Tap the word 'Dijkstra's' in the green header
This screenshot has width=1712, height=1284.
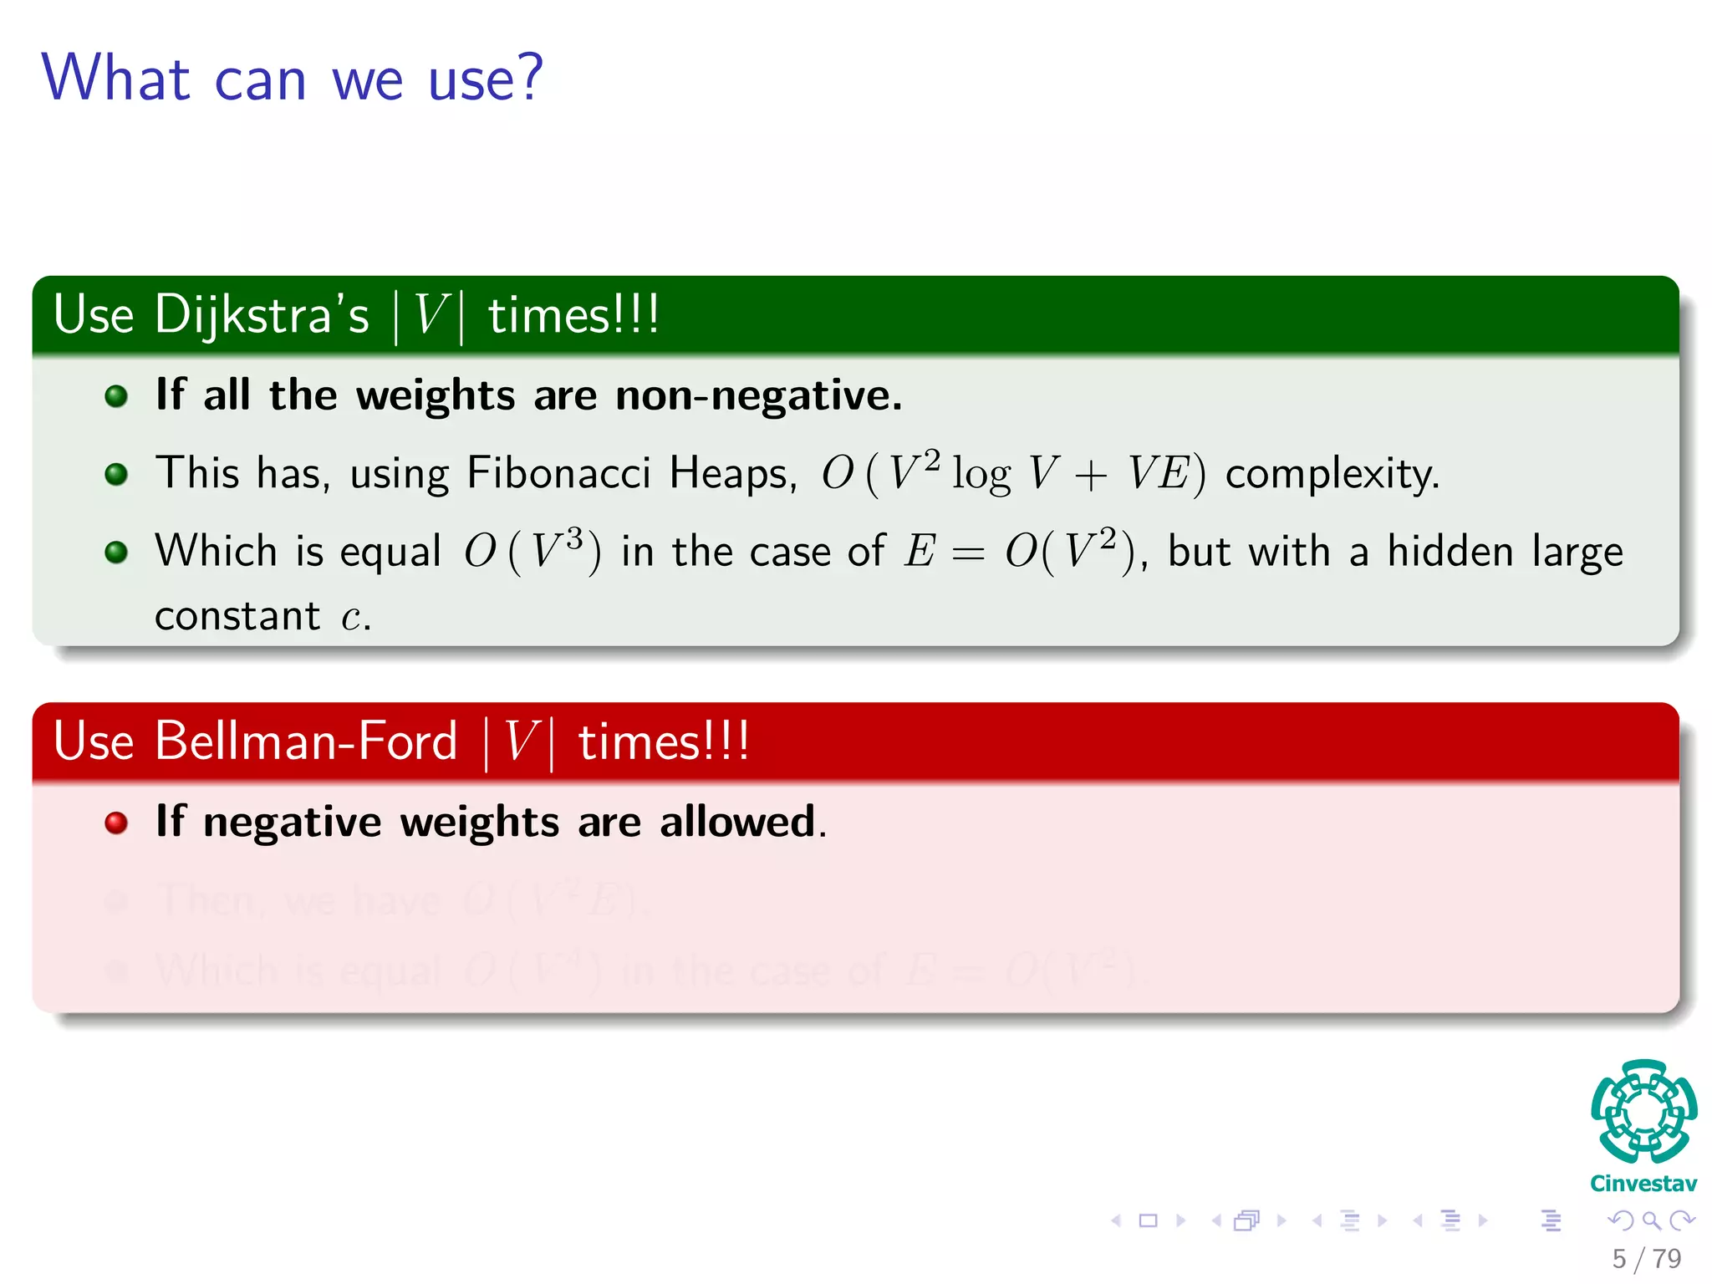point(261,315)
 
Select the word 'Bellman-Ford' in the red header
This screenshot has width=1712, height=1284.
point(305,741)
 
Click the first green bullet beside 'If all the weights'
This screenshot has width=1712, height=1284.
point(116,396)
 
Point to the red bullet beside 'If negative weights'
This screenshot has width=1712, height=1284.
point(116,823)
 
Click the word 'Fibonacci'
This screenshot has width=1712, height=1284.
point(558,473)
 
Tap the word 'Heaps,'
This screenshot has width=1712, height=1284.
point(733,473)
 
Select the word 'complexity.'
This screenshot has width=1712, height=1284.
point(1332,475)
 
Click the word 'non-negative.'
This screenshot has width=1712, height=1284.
point(758,395)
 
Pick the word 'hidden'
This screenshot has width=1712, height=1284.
point(1450,552)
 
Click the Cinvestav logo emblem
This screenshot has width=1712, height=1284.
point(1643,1111)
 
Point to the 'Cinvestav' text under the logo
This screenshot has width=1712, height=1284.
point(1643,1184)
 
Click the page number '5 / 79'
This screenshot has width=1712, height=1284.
point(1646,1259)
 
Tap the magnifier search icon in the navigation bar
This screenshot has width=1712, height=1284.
point(1651,1220)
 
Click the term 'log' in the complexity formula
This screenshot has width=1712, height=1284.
point(981,475)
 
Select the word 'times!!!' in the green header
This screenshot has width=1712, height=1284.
point(573,316)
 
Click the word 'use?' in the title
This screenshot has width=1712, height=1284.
point(486,79)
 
